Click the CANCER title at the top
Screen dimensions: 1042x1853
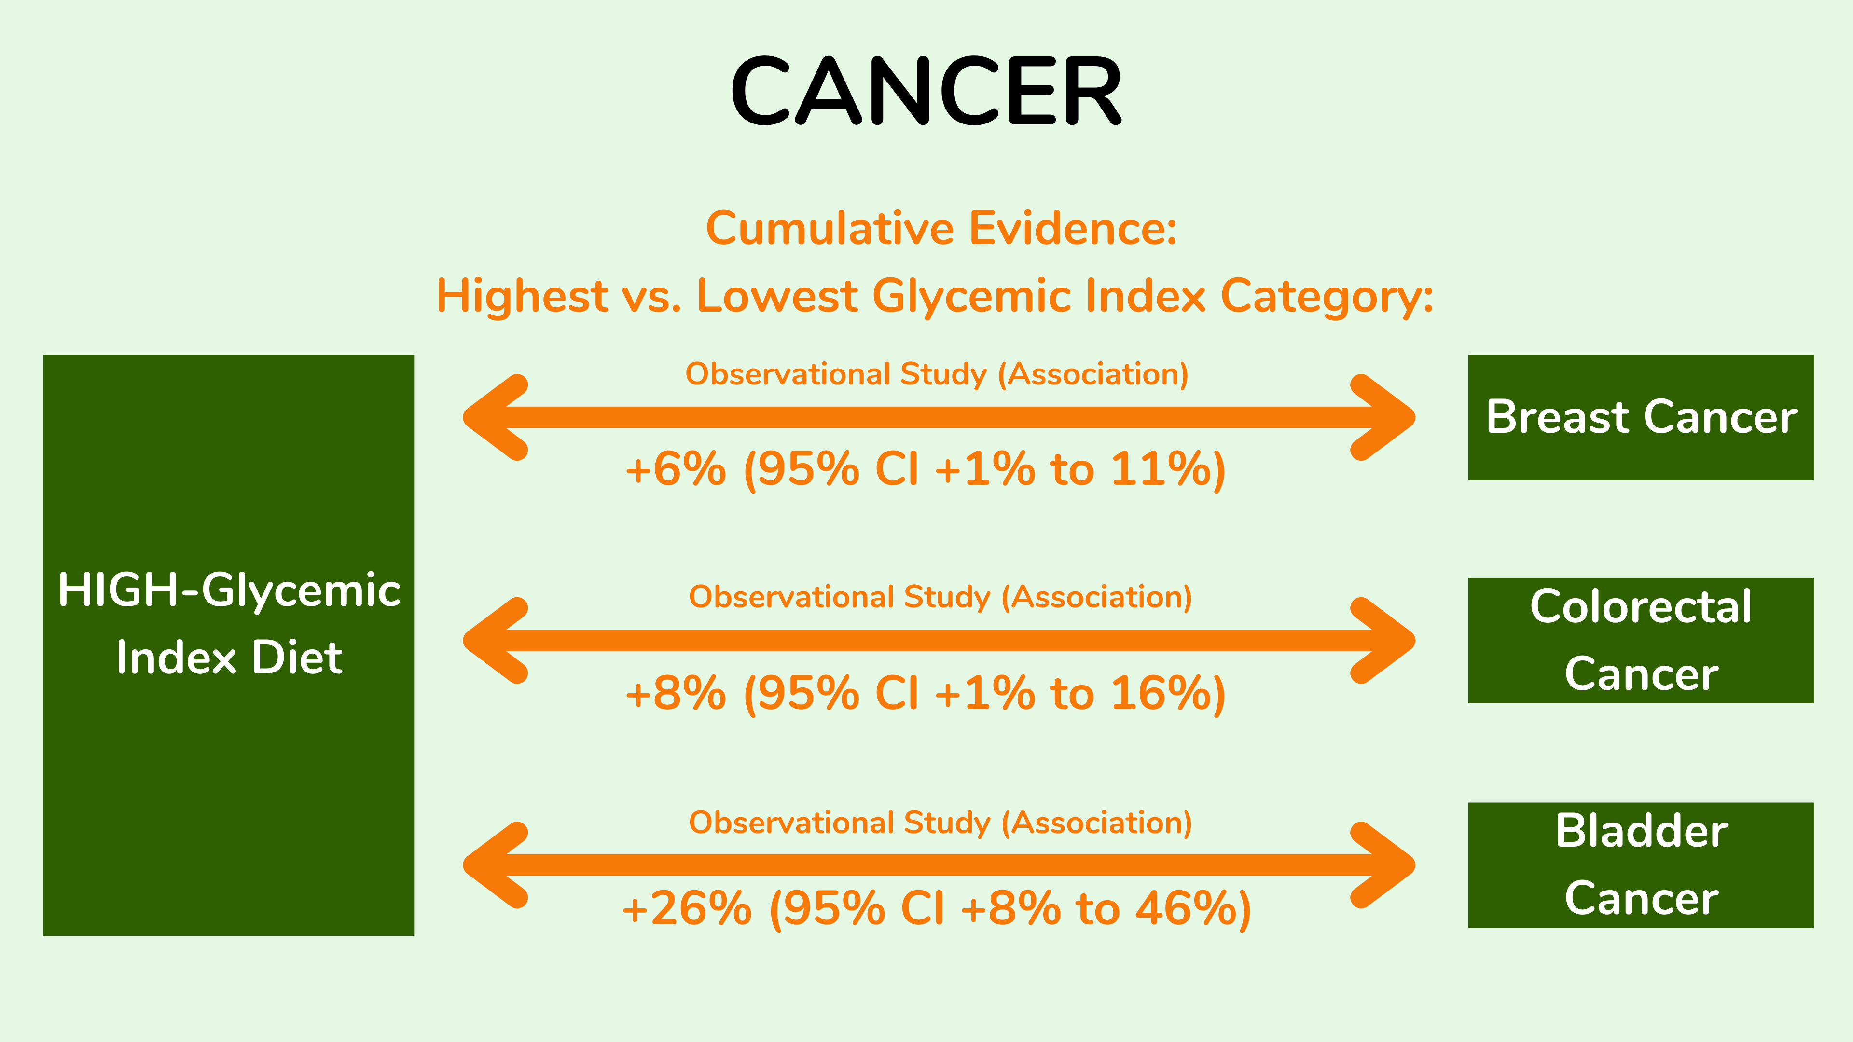pyautogui.click(x=926, y=91)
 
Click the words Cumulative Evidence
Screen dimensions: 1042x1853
pyautogui.click(x=941, y=228)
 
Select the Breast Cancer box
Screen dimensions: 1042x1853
pyautogui.click(x=1641, y=417)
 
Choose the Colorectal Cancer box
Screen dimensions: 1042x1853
pyautogui.click(x=1641, y=640)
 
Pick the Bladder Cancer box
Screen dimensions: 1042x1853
pyautogui.click(x=1641, y=864)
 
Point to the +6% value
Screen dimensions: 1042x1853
pyautogui.click(x=676, y=469)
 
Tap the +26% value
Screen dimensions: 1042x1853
pyautogui.click(x=687, y=908)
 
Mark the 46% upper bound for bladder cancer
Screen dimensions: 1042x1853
pyautogui.click(x=1186, y=908)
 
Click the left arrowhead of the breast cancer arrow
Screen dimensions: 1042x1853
pyautogui.click(x=497, y=417)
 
